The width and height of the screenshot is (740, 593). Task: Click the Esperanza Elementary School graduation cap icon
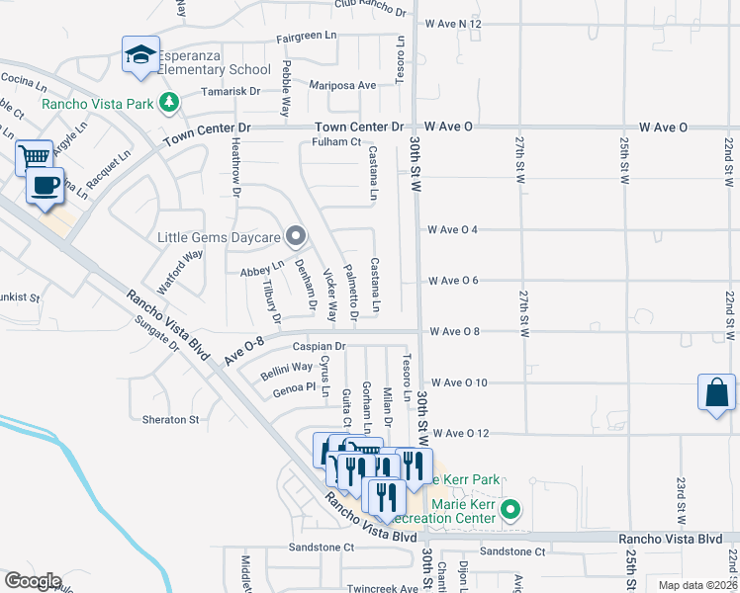pos(140,54)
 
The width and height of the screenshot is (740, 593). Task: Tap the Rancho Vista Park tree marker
pos(170,102)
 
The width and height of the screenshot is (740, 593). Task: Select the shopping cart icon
pos(35,157)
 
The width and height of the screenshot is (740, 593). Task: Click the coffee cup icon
pos(45,185)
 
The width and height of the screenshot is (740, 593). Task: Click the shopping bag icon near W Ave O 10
pos(715,393)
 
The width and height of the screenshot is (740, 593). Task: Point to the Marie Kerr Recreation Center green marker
pos(510,510)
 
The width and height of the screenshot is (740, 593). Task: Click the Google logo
pos(32,580)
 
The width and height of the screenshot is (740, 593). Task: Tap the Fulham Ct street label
pos(336,142)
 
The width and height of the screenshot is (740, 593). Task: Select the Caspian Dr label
pos(319,347)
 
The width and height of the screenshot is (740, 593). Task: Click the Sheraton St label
pos(170,419)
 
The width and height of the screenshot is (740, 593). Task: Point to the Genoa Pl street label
pos(295,386)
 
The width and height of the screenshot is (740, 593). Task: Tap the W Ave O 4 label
pos(453,230)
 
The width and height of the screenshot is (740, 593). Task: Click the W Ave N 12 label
pos(453,23)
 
